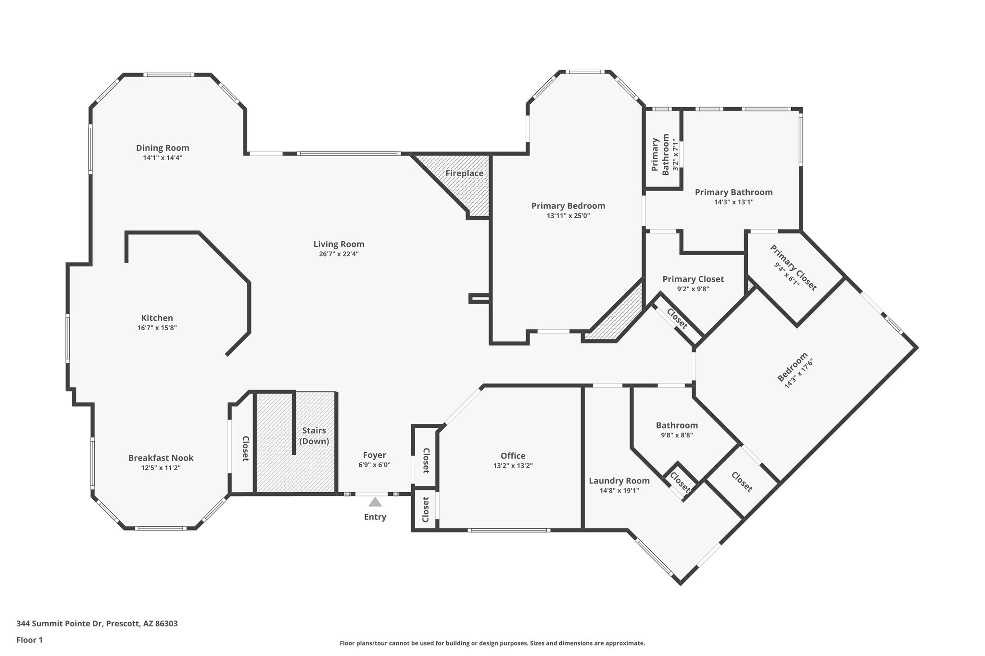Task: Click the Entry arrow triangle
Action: [375, 502]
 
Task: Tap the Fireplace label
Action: [464, 173]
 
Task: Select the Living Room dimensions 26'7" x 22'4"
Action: [339, 254]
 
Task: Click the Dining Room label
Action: [163, 148]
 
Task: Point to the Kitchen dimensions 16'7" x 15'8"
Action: [157, 328]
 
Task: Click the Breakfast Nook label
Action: [161, 458]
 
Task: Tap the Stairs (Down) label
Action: [314, 436]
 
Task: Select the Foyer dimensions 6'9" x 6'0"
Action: [374, 465]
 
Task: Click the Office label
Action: [513, 456]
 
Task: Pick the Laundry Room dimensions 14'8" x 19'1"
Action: [619, 491]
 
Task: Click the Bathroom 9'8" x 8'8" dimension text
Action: [677, 435]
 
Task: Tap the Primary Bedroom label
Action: [568, 206]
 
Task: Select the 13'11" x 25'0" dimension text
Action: [568, 216]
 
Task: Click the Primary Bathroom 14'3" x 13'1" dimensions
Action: [733, 202]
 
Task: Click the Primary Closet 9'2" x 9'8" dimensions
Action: [693, 289]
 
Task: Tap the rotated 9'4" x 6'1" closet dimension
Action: [786, 274]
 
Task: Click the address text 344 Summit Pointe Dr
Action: [60, 624]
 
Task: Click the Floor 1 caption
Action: [30, 640]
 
